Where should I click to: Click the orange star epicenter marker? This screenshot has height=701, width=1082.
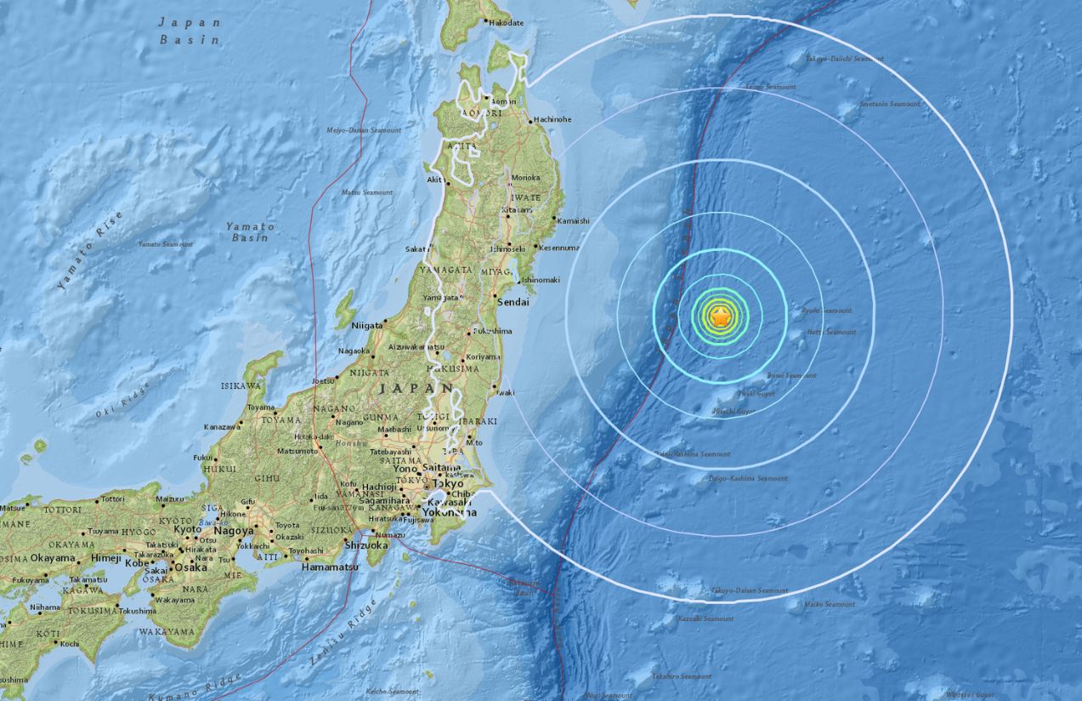click(x=720, y=317)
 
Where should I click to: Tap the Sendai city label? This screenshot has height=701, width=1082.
click(x=513, y=301)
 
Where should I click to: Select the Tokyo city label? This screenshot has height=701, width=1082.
click(x=448, y=483)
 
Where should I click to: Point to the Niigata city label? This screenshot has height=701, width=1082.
click(x=366, y=323)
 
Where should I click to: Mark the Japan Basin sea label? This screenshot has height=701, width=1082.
click(x=190, y=31)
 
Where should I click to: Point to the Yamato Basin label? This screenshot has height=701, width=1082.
click(x=251, y=231)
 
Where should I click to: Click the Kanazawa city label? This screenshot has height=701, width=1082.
click(x=222, y=426)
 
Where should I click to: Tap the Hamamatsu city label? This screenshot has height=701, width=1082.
click(x=327, y=566)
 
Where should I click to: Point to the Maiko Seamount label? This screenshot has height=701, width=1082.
click(x=831, y=604)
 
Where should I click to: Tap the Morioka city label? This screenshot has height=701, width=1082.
click(x=526, y=177)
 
